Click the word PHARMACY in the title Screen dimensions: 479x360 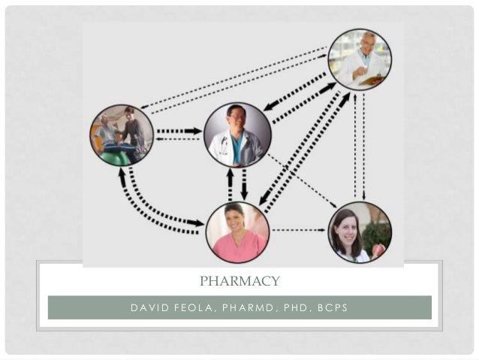coord(239,281)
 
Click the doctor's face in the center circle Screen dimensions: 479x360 coord(236,122)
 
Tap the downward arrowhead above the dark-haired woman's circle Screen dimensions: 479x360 coord(363,197)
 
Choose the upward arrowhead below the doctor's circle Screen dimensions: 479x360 coord(229,174)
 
